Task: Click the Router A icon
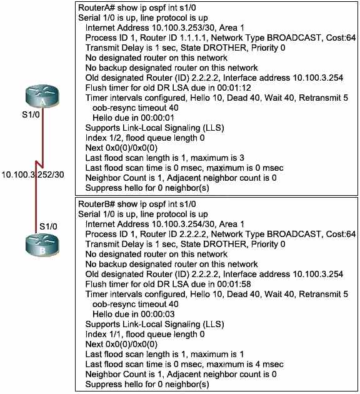pyautogui.click(x=42, y=97)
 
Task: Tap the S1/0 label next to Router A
pyautogui.click(x=31, y=114)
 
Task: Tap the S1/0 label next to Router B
pyautogui.click(x=48, y=226)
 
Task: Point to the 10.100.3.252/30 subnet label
pyautogui.click(x=33, y=174)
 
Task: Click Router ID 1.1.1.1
pyautogui.click(x=173, y=38)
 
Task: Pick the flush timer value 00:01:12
pyautogui.click(x=234, y=88)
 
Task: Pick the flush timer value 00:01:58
pyautogui.click(x=234, y=284)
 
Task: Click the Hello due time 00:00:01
pyautogui.click(x=157, y=118)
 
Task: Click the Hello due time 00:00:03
pyautogui.click(x=157, y=314)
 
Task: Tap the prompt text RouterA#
pyautogui.click(x=97, y=8)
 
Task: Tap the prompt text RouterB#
pyautogui.click(x=97, y=204)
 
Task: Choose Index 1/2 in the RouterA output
pyautogui.click(x=104, y=138)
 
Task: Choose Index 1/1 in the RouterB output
pyautogui.click(x=104, y=334)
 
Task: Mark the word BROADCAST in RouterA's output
pyautogui.click(x=294, y=38)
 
